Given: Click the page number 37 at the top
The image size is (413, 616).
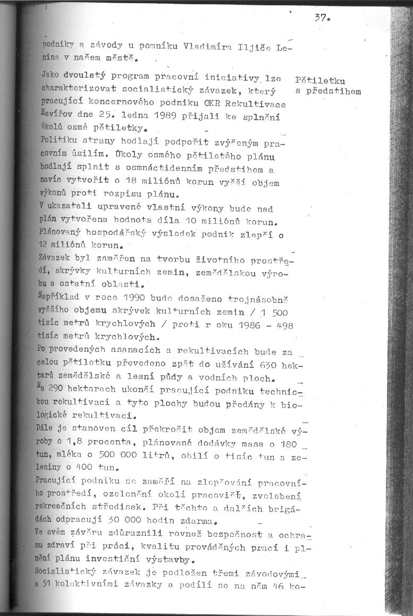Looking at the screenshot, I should (322, 17).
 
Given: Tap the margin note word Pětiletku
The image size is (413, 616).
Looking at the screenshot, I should (320, 81).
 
